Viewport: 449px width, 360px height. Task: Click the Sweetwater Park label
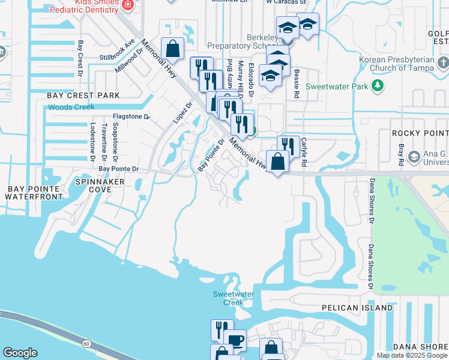coord(337,86)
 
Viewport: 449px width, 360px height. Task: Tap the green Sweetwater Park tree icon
coord(378,86)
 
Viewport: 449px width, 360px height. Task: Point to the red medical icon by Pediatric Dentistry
coord(127,5)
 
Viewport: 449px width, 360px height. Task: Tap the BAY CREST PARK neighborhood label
coord(83,95)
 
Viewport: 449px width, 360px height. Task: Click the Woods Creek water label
coord(72,107)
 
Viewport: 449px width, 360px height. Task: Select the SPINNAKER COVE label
coord(101,185)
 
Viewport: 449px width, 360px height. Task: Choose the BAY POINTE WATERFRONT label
coord(34,193)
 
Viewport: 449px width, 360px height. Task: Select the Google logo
coord(20,353)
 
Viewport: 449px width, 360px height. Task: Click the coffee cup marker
coord(235,340)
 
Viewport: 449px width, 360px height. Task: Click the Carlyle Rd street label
coord(304,152)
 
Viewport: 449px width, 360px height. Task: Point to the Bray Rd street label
coord(401,155)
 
